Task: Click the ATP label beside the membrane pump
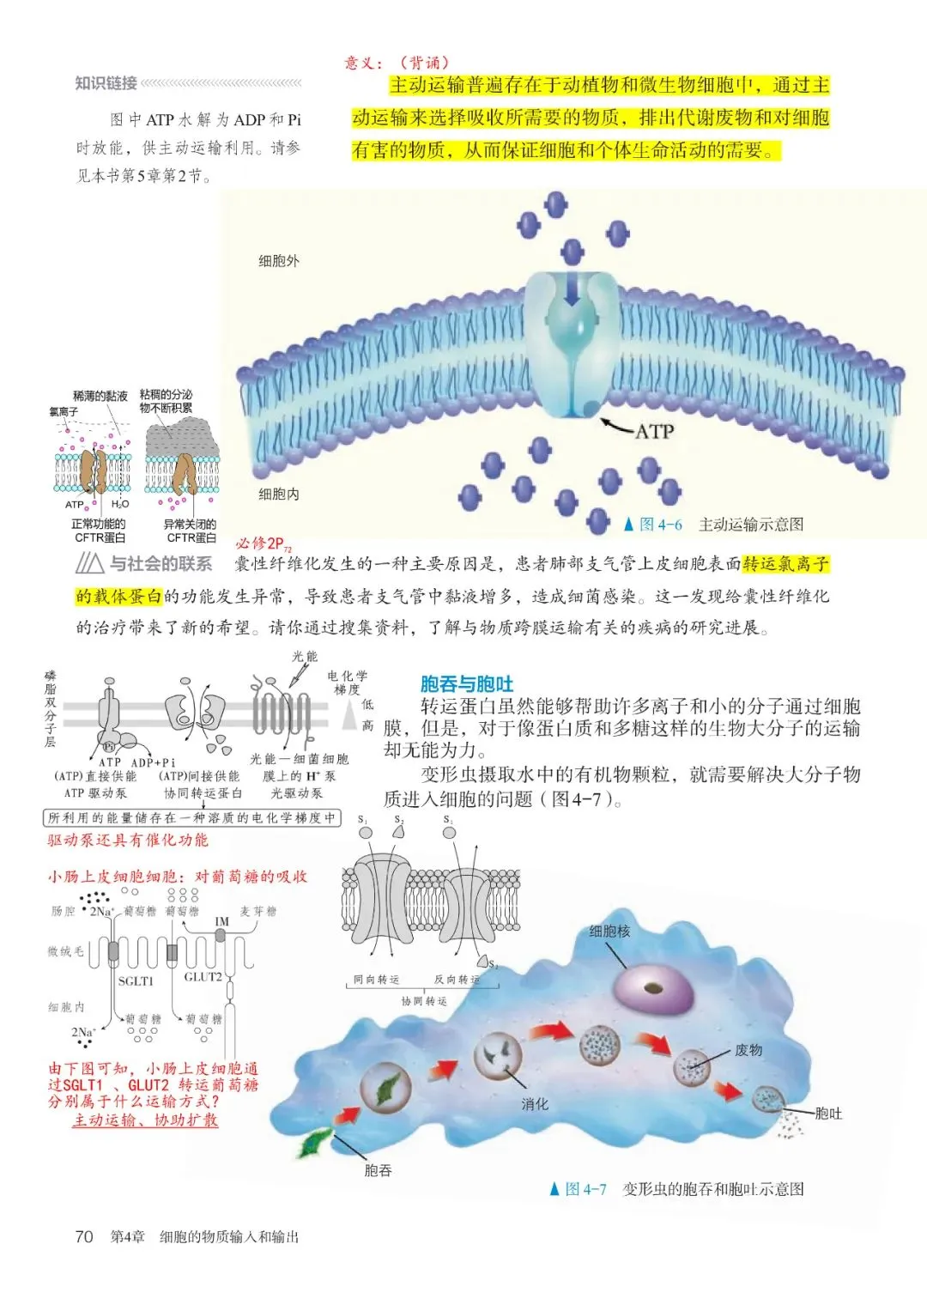pyautogui.click(x=654, y=431)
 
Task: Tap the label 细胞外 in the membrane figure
pyautogui.click(x=279, y=261)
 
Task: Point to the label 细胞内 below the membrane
pyautogui.click(x=279, y=494)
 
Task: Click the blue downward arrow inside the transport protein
pyautogui.click(x=572, y=292)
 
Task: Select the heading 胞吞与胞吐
pyautogui.click(x=466, y=683)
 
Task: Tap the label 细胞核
pyautogui.click(x=609, y=931)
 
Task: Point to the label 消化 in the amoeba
pyautogui.click(x=535, y=1104)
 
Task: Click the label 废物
pyautogui.click(x=748, y=1050)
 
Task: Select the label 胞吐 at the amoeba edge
pyautogui.click(x=828, y=1114)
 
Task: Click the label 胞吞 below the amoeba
pyautogui.click(x=378, y=1170)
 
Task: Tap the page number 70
pyautogui.click(x=84, y=1236)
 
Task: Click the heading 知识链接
pyautogui.click(x=106, y=82)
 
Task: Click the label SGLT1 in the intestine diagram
pyautogui.click(x=136, y=980)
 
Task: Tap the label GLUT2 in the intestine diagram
pyautogui.click(x=203, y=977)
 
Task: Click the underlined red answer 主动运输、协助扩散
pyautogui.click(x=145, y=1120)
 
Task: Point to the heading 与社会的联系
pyautogui.click(x=161, y=563)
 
